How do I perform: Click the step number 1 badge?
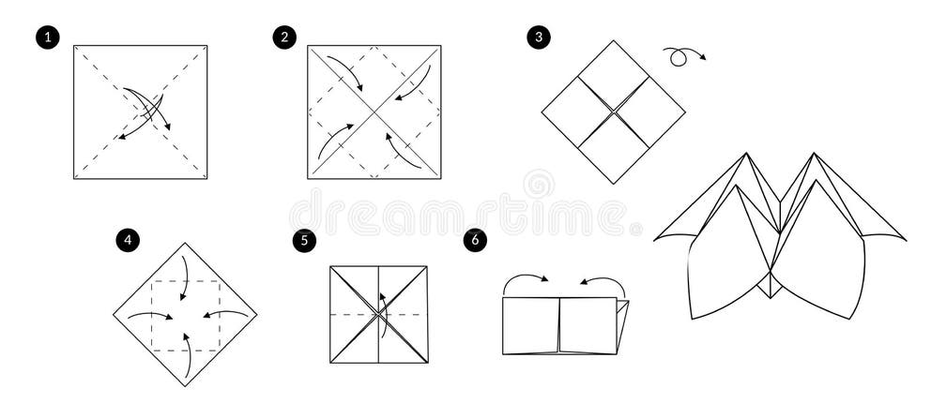[x=47, y=37]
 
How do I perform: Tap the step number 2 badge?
[x=283, y=37]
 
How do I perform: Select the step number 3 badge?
[x=538, y=37]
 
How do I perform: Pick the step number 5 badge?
[x=303, y=241]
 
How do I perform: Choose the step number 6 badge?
[x=476, y=241]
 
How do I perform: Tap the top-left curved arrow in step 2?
[x=348, y=73]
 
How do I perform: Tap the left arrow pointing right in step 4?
[x=149, y=316]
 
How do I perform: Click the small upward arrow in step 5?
[x=382, y=306]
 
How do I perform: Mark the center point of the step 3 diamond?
[x=613, y=112]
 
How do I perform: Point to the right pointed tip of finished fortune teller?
[x=904, y=238]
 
